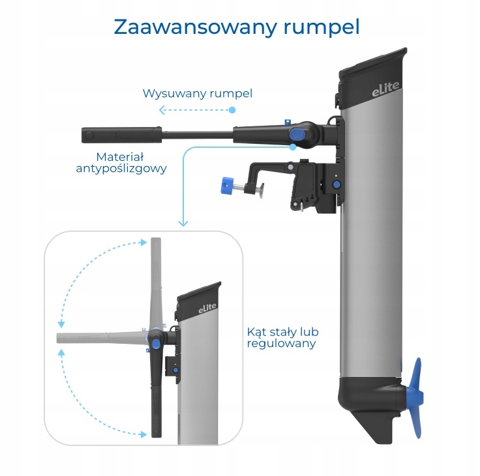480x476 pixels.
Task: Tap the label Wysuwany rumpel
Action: pos(198,94)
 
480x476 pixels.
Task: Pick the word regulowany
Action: pos(281,343)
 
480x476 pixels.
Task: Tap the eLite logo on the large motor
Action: pos(385,92)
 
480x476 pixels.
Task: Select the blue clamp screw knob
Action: pos(228,186)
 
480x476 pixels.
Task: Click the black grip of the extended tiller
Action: pos(121,135)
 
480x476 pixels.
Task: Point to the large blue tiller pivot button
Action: pos(297,135)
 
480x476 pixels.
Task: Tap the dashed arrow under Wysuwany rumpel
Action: pos(196,111)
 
